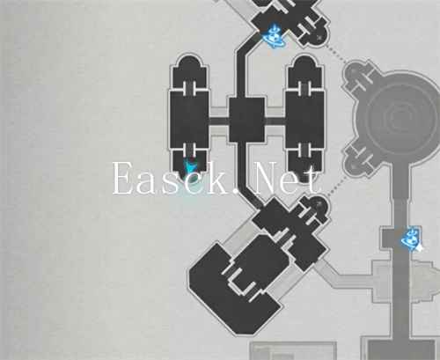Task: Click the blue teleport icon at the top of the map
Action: [275, 36]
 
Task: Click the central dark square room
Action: [246, 120]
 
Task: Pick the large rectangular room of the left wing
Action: [189, 120]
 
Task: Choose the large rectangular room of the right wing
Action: [304, 120]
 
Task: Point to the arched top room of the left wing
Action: [189, 71]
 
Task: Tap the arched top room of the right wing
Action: [304, 71]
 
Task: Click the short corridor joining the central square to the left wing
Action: [218, 121]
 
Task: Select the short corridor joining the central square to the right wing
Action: [275, 121]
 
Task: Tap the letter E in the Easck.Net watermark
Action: [123, 179]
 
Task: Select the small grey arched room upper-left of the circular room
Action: [356, 74]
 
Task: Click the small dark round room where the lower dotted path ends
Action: [319, 205]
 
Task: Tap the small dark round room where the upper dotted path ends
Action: [319, 36]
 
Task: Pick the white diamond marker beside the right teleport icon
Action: [419, 247]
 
